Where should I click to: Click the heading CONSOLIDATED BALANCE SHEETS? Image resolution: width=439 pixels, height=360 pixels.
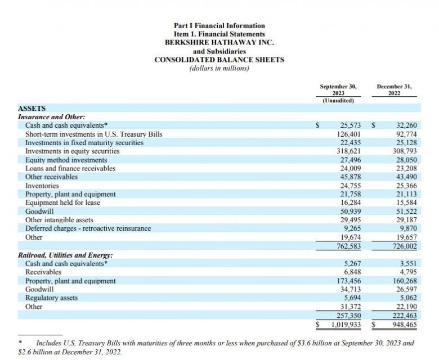[219, 60]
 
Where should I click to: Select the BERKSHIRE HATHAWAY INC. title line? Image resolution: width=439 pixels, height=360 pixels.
[219, 42]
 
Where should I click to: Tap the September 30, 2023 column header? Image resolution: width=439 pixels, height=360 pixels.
[338, 90]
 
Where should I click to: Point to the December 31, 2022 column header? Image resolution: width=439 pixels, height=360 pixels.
[394, 90]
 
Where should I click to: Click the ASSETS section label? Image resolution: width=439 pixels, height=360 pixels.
[32, 107]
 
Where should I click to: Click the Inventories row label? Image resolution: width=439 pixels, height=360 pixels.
[42, 185]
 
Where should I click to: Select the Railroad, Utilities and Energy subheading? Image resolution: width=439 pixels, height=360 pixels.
[65, 255]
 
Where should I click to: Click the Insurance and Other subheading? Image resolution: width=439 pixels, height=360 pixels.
[51, 116]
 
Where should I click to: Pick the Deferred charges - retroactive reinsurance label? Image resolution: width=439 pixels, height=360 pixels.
[88, 228]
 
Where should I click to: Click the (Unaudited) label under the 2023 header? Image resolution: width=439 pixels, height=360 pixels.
[338, 101]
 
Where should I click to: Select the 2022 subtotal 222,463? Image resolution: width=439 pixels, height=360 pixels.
[404, 316]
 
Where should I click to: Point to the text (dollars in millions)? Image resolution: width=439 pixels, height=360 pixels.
[219, 69]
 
